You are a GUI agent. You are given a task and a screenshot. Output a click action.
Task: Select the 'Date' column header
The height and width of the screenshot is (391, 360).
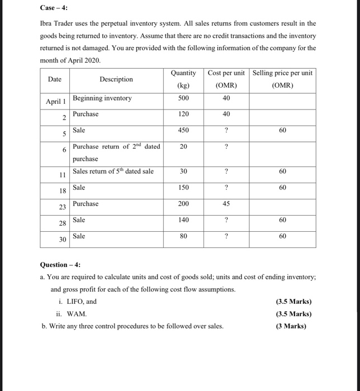click(55, 79)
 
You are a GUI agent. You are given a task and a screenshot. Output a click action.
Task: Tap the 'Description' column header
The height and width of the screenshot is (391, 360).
click(116, 79)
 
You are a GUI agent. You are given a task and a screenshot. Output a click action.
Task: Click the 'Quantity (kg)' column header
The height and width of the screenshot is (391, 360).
click(183, 79)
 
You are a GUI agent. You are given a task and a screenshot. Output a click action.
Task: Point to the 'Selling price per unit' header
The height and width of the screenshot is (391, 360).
click(283, 73)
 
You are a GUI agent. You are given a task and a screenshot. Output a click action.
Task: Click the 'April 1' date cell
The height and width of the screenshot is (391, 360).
click(55, 102)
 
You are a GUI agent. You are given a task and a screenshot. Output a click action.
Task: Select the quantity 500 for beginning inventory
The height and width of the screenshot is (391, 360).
click(183, 98)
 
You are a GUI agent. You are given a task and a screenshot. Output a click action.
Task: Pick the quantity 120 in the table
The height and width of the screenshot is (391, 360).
click(183, 114)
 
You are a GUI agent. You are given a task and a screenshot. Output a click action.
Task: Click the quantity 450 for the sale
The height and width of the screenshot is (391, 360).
click(183, 130)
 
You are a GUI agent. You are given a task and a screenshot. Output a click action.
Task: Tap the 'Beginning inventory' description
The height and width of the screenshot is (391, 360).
click(102, 98)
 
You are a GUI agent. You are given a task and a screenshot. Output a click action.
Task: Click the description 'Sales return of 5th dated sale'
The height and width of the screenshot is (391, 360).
click(113, 171)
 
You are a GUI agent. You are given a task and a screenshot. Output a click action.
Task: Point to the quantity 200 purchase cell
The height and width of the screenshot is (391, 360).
click(183, 204)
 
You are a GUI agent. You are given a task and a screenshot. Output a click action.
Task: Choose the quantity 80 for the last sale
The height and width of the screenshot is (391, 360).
click(183, 236)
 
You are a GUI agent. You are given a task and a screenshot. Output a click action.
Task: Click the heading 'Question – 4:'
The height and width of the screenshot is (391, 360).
click(60, 265)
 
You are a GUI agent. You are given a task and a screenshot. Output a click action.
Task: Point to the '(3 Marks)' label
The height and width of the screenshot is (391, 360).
click(291, 326)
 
